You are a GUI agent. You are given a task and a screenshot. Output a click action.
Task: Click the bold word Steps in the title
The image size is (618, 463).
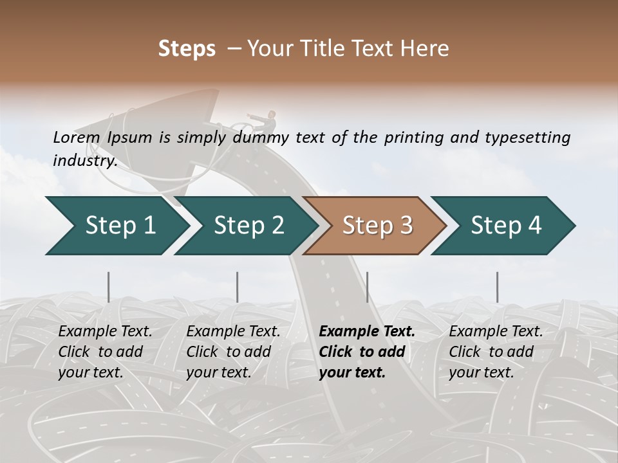187,49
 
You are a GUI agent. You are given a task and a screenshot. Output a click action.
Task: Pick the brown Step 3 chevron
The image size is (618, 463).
377,226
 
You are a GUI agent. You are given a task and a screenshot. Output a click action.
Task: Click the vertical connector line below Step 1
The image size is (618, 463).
109,287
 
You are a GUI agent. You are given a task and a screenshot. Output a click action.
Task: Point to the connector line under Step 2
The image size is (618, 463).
238,287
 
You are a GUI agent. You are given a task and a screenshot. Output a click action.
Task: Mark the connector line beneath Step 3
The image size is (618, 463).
367,287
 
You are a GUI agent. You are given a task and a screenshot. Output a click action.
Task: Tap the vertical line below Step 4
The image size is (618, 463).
497,287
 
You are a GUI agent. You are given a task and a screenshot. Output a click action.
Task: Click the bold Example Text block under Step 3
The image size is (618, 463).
367,352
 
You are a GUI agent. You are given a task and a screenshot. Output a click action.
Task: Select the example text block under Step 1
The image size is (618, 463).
105,352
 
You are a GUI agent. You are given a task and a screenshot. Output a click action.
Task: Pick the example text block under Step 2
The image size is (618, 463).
233,352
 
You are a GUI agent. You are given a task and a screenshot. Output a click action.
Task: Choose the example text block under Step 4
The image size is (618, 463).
496,352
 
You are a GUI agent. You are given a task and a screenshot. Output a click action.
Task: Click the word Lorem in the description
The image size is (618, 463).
77,138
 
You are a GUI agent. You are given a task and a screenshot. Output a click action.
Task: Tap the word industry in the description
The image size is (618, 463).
85,161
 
